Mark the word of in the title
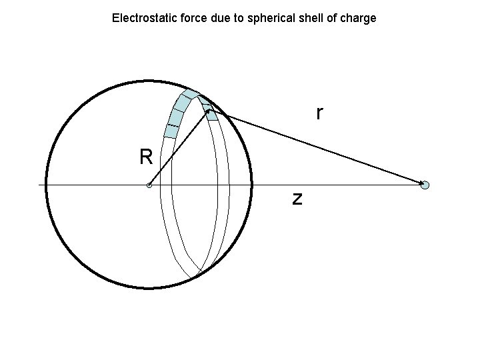point(331,18)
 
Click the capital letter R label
point(146,157)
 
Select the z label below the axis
point(297,198)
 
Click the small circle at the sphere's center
point(149,185)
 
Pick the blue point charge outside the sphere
point(425,185)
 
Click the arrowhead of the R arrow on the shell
point(207,113)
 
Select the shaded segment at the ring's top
point(191,93)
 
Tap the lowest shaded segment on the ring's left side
point(171,131)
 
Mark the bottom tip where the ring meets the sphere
point(195,277)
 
